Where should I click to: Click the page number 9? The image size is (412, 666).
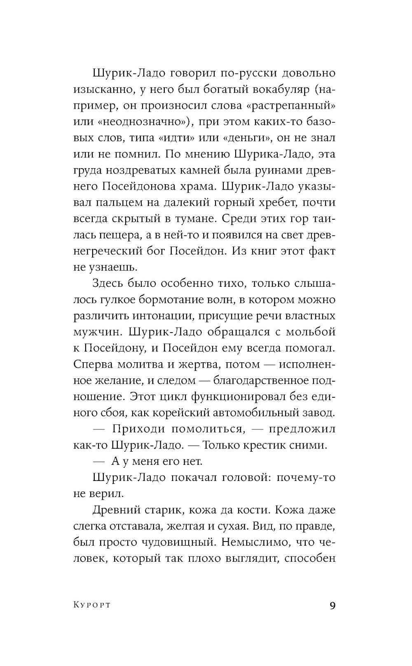point(333,605)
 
